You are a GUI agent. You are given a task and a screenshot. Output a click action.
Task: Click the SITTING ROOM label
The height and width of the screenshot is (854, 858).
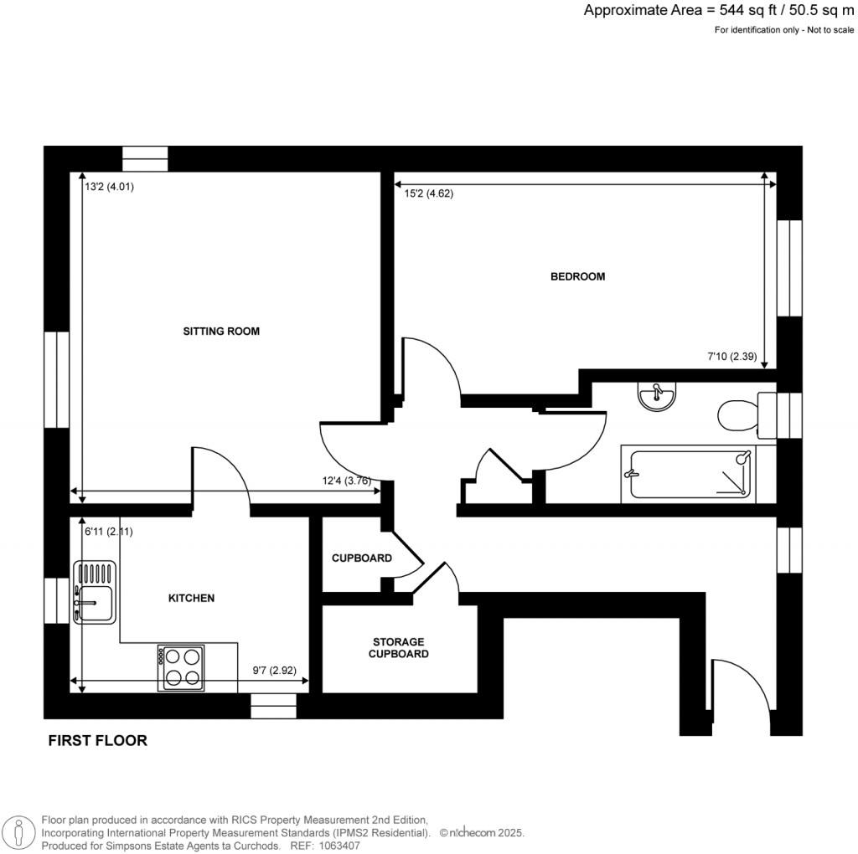221,332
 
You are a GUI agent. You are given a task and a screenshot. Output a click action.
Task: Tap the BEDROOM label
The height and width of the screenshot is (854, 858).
576,276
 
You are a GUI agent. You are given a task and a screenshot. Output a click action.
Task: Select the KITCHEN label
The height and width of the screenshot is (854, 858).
192,598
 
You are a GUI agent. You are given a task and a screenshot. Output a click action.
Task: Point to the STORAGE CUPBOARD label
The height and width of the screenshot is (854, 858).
399,647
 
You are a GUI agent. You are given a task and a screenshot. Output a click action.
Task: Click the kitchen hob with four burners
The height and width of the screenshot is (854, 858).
180,667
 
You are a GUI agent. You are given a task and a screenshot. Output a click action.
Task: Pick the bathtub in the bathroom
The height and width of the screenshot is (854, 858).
687,475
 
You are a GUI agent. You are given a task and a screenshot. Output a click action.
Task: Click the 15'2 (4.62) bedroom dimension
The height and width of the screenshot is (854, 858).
429,194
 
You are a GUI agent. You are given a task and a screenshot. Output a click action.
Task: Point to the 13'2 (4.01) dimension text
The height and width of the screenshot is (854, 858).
109,188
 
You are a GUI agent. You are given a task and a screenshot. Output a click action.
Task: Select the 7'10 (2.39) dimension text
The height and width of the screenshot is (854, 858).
731,357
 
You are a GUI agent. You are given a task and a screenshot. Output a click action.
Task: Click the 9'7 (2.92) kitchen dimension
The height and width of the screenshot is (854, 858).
276,671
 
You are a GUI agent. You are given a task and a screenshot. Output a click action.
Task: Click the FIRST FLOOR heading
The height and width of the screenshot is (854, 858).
97,740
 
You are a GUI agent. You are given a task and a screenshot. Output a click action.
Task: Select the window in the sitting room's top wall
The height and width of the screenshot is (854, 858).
145,158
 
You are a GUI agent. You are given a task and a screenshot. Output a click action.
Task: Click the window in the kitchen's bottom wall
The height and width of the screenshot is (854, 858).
273,706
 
